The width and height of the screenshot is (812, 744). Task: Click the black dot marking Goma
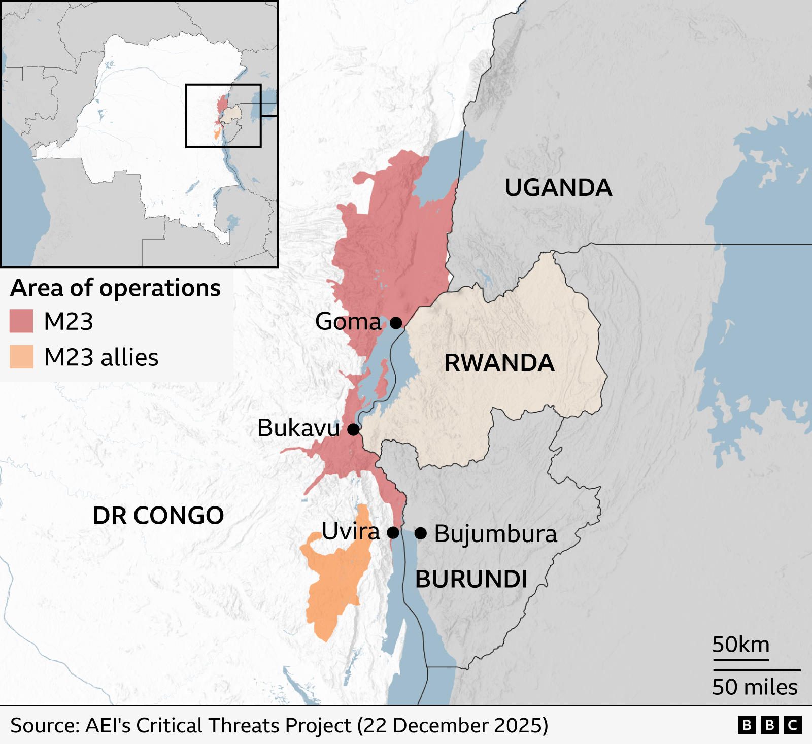tap(396, 323)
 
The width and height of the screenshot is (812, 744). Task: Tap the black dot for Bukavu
tap(354, 429)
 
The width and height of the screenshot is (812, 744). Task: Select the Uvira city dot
tap(393, 533)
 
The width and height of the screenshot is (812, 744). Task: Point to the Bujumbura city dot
tap(420, 533)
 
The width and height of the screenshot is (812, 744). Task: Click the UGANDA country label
tap(558, 188)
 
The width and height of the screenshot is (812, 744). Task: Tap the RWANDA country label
tap(499, 363)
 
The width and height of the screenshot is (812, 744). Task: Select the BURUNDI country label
tap(471, 580)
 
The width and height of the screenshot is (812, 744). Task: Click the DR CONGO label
tap(158, 516)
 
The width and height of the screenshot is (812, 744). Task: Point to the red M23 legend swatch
tap(21, 321)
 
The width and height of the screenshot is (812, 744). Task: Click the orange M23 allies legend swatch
tap(21, 357)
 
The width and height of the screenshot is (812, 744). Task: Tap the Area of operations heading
tap(116, 288)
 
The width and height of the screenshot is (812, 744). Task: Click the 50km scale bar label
tap(740, 645)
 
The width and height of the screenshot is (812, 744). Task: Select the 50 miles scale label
tap(755, 687)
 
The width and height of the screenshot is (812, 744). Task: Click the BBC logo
tap(769, 725)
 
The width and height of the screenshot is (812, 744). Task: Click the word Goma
tap(348, 322)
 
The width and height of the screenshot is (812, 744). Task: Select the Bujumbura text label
tap(496, 534)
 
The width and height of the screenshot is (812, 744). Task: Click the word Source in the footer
tap(44, 725)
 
